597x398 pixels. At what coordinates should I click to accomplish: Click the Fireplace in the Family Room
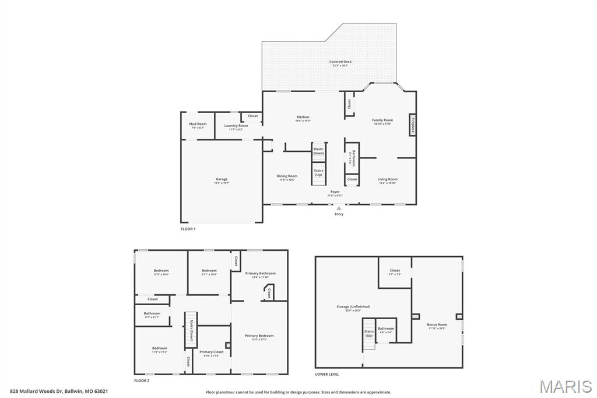(x=412, y=125)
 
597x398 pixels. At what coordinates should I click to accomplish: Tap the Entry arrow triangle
(x=339, y=208)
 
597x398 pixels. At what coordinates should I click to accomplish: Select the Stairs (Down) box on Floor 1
(x=318, y=151)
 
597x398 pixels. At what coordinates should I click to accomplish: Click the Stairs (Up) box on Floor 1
(x=318, y=173)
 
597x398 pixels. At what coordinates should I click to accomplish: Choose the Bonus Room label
(x=437, y=326)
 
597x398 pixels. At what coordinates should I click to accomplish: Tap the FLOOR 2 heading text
(x=142, y=380)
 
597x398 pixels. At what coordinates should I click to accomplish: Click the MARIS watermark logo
(x=566, y=386)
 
